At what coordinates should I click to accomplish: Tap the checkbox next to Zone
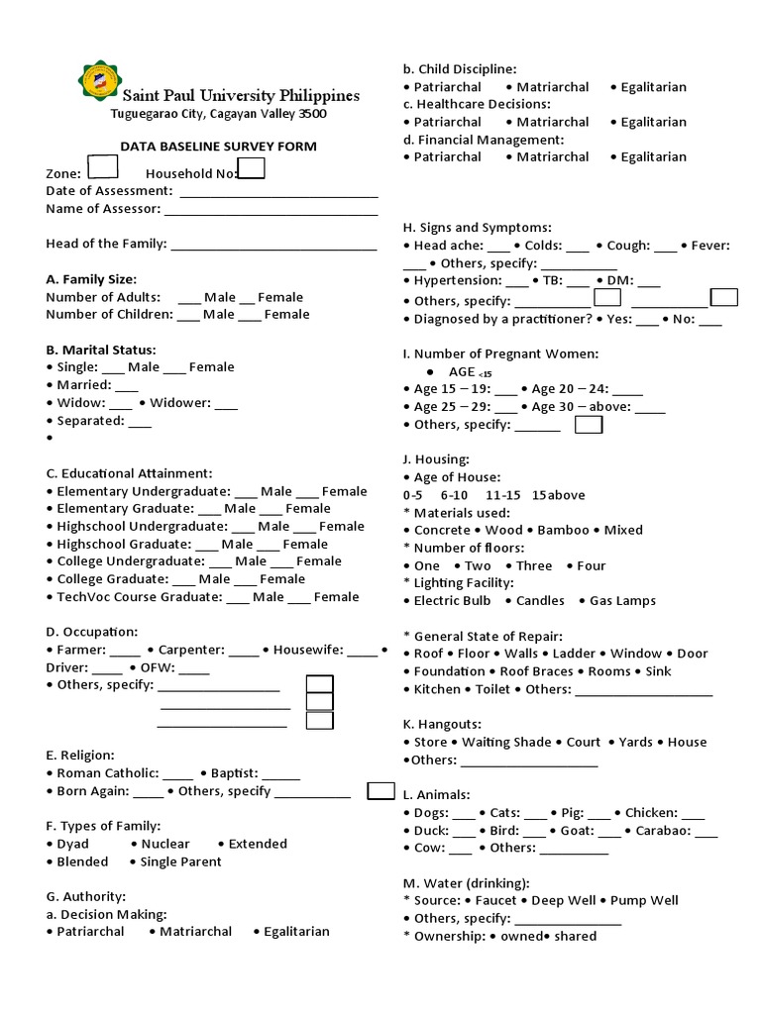102,168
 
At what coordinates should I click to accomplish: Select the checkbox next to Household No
252,168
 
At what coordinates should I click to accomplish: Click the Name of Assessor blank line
271,211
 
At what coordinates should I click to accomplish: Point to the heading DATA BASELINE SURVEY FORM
218,147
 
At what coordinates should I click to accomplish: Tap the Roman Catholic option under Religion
108,773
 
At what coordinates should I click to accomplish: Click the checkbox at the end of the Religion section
380,790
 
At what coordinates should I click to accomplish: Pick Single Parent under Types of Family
180,862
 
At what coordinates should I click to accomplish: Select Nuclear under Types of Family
165,844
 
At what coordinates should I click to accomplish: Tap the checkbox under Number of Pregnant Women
589,425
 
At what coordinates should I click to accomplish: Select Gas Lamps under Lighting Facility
622,600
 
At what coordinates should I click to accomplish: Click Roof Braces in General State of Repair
536,671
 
